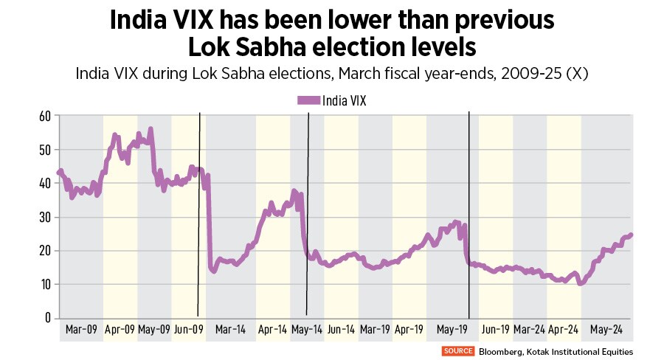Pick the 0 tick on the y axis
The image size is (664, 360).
(47, 318)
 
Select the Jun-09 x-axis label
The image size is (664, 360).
(189, 329)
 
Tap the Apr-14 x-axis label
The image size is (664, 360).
(273, 329)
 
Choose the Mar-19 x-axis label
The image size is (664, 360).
(375, 329)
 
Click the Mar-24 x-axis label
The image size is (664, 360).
(530, 329)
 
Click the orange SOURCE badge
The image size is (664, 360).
(458, 351)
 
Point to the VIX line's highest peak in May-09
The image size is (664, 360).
(151, 129)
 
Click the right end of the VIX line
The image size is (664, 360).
(632, 235)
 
